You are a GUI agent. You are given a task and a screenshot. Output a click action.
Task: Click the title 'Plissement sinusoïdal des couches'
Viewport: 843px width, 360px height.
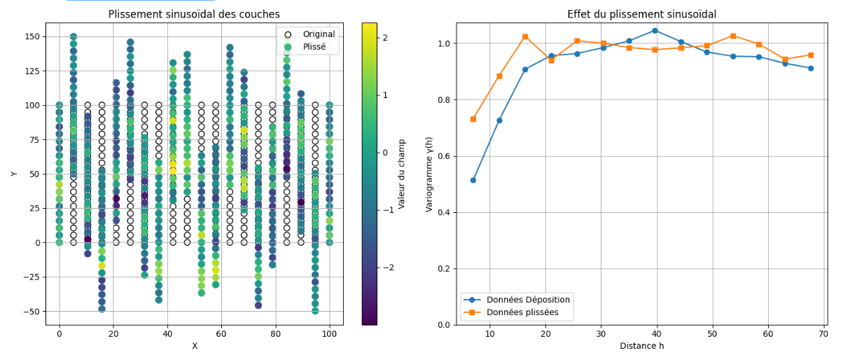[194, 14]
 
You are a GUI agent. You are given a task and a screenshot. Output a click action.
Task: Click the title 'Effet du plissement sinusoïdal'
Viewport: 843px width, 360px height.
[641, 14]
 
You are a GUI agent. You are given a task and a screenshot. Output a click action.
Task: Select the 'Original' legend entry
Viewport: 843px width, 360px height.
[319, 34]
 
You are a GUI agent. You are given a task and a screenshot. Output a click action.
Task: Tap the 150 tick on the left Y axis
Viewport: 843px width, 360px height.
[33, 36]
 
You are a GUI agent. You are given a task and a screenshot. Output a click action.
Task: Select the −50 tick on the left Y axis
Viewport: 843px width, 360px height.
[31, 311]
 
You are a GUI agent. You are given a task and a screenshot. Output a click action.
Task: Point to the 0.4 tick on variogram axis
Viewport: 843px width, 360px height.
[444, 212]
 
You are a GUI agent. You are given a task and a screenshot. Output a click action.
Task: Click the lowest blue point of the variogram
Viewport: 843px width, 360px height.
[473, 180]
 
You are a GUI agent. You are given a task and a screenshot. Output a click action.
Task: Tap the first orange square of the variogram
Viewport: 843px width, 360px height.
[473, 119]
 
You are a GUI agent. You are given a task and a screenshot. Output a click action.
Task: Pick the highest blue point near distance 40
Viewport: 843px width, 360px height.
[655, 30]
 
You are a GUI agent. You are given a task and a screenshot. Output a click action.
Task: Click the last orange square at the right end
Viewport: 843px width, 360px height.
[810, 55]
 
